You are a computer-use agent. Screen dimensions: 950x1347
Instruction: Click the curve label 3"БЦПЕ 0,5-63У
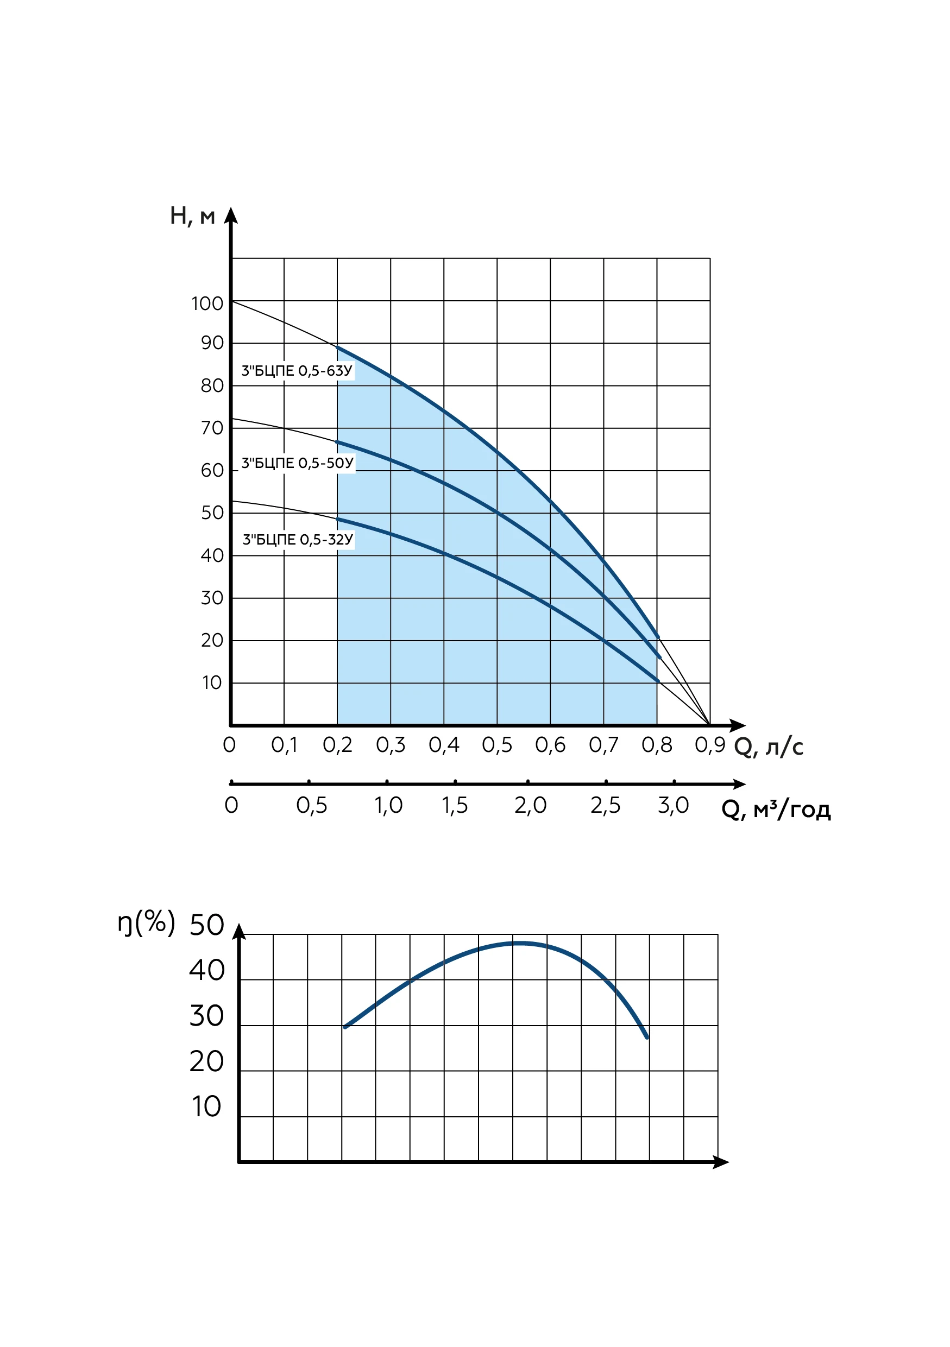297,371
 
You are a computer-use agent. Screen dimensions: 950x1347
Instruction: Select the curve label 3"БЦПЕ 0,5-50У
298,463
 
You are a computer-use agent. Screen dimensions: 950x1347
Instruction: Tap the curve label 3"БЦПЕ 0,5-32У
298,539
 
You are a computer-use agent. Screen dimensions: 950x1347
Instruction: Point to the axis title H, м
192,217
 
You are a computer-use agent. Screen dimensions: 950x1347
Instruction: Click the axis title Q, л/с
768,747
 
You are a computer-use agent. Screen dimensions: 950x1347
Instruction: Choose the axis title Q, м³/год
776,809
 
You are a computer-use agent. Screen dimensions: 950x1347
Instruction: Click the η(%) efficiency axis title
146,923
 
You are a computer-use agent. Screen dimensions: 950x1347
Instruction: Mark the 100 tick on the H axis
207,303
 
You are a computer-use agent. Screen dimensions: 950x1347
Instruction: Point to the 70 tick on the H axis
212,428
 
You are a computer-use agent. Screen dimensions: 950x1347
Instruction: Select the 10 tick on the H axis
212,682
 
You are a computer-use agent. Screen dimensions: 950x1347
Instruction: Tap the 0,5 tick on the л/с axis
497,745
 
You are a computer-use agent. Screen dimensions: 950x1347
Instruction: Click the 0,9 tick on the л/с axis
710,745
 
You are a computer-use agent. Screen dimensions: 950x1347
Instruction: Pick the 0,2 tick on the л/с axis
337,745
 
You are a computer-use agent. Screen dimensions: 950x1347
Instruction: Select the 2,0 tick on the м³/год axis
531,806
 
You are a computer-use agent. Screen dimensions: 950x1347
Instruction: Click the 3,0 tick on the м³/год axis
673,806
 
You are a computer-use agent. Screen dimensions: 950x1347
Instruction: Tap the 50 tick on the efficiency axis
206,925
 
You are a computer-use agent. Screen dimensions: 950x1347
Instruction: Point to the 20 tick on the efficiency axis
206,1061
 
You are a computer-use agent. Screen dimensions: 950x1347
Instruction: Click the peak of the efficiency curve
520,944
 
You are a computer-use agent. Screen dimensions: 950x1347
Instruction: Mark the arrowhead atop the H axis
231,216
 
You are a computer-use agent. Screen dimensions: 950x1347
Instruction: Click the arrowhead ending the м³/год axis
738,784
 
